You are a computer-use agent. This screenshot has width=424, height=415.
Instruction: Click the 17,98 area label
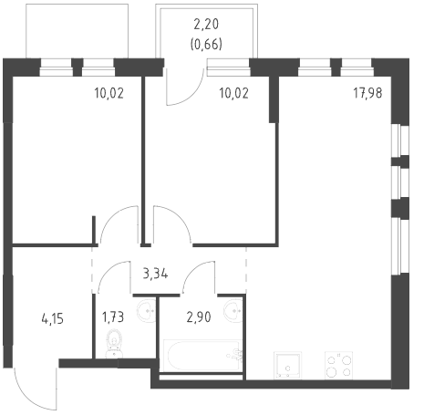(x=367, y=93)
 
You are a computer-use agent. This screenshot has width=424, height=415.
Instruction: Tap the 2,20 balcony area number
(x=206, y=25)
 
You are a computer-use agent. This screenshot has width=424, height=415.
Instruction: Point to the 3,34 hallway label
(x=155, y=274)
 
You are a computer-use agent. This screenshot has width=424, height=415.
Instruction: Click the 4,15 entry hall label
(x=52, y=319)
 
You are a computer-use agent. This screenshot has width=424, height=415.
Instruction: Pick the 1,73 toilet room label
(x=113, y=317)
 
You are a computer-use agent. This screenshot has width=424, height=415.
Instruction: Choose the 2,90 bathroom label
(x=199, y=317)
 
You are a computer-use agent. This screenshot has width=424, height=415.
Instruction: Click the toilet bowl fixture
(x=114, y=345)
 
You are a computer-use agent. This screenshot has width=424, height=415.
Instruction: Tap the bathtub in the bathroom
(x=203, y=356)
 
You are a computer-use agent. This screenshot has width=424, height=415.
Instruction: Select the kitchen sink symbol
(x=287, y=366)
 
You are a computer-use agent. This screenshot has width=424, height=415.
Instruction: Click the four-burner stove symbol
(x=339, y=366)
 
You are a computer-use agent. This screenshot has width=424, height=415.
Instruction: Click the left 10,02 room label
(x=109, y=93)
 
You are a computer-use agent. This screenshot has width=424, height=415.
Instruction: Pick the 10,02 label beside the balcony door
(x=233, y=93)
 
